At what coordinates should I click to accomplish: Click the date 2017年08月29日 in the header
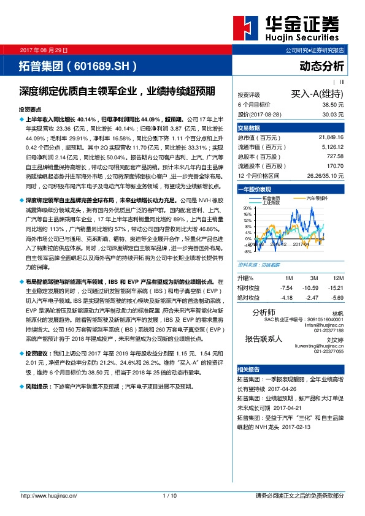click(x=44, y=49)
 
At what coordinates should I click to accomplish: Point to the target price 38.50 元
click(x=332, y=105)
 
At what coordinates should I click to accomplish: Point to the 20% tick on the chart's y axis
click(x=248, y=208)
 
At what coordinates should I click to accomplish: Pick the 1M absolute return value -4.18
click(x=286, y=297)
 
